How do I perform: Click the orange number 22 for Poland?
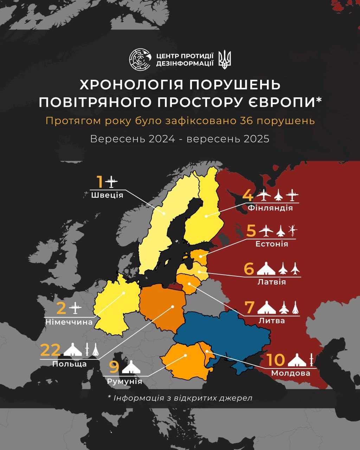50,350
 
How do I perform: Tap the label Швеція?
107,195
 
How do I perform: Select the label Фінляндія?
270,208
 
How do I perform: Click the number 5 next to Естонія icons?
251,231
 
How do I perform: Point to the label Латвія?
271,282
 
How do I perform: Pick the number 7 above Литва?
249,307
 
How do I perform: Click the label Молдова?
290,373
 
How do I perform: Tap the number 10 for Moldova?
275,360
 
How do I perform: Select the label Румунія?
125,381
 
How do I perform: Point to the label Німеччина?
69,322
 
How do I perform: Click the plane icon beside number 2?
75,309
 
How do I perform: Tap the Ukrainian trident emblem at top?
225,59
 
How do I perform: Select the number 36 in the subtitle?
247,121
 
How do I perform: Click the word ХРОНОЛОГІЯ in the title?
130,85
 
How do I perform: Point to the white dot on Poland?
173,307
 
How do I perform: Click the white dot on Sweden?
163,213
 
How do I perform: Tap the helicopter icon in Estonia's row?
293,231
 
